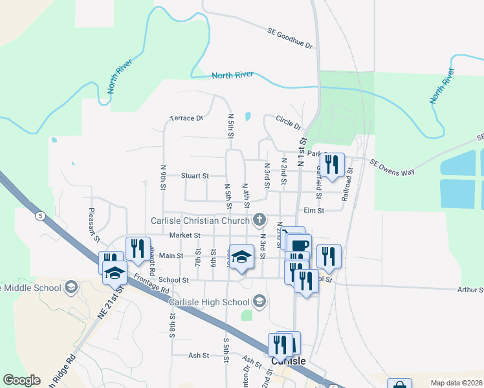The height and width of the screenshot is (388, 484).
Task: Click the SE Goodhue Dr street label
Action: pos(290,38)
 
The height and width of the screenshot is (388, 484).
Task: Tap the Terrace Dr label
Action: pos(186,118)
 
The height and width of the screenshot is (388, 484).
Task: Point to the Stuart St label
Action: pos(195,175)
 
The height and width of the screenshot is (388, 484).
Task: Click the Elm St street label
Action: pos(313,210)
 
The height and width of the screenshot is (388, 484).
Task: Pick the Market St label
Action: pos(184,235)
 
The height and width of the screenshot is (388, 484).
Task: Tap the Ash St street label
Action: pos(198,355)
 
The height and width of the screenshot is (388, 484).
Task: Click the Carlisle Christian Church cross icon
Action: pos(259,221)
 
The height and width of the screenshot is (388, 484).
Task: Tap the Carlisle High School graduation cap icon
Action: pos(259,301)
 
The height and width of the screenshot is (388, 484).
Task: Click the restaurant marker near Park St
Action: pos(332,164)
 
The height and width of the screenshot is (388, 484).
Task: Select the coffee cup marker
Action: pos(300,245)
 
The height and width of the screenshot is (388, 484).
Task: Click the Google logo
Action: pos(21,380)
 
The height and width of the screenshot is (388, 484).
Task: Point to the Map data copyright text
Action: pos(456,383)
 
